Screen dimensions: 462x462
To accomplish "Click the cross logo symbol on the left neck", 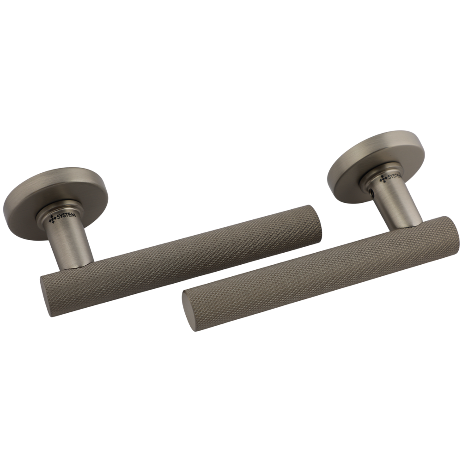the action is (x=52, y=219).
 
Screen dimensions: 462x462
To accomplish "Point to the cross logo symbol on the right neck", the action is (x=383, y=178).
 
